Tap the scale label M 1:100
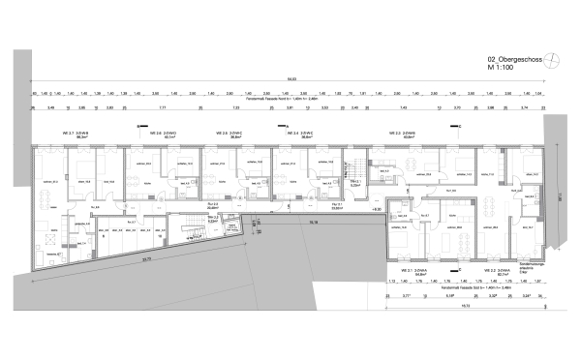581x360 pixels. pyautogui.click(x=504, y=69)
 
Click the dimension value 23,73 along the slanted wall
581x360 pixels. pyautogui.click(x=146, y=258)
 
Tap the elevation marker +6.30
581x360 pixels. pyautogui.click(x=377, y=208)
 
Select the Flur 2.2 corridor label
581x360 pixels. pyautogui.click(x=213, y=205)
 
